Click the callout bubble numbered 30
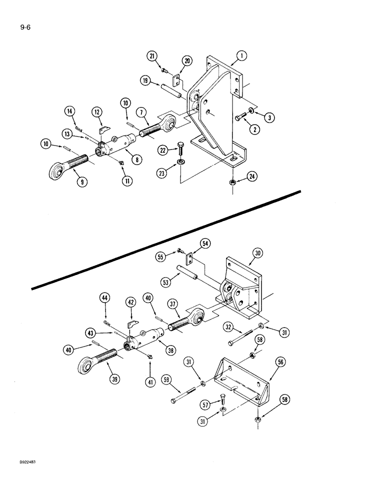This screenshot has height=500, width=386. click(x=257, y=254)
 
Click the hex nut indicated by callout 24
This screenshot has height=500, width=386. click(x=232, y=181)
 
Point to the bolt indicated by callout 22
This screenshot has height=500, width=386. click(x=181, y=149)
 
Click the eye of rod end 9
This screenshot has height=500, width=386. click(x=56, y=172)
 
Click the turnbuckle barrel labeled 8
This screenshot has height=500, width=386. click(x=120, y=148)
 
